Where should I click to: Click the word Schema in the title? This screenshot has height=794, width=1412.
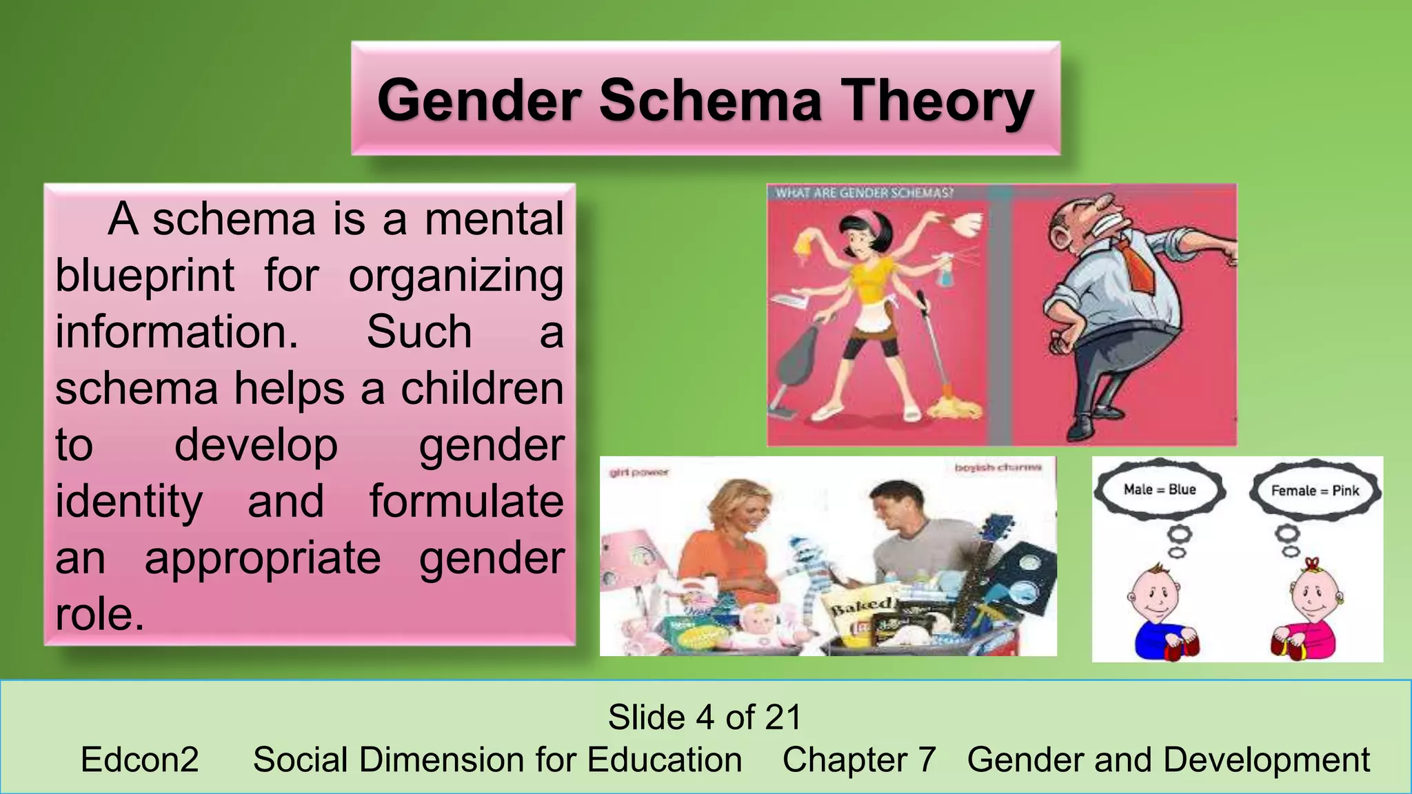pos(711,101)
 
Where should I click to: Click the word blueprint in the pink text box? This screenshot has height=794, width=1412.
pos(145,276)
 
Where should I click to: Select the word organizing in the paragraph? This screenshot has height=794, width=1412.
pos(456,276)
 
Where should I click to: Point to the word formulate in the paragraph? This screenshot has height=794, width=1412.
pos(466,501)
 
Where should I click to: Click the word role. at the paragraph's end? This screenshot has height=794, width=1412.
pos(100,614)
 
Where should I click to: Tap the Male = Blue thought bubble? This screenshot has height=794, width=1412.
pos(1160,489)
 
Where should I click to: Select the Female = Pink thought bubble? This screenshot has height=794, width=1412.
pos(1315,491)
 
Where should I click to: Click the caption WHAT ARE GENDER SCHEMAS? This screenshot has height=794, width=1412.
pos(864,193)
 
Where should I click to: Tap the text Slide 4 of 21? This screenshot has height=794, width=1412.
pos(705,717)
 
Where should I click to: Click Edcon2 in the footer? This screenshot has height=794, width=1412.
pos(140,760)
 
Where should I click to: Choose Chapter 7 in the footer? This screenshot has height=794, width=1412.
pos(859,760)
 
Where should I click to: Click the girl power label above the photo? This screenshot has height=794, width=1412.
pos(639,473)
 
